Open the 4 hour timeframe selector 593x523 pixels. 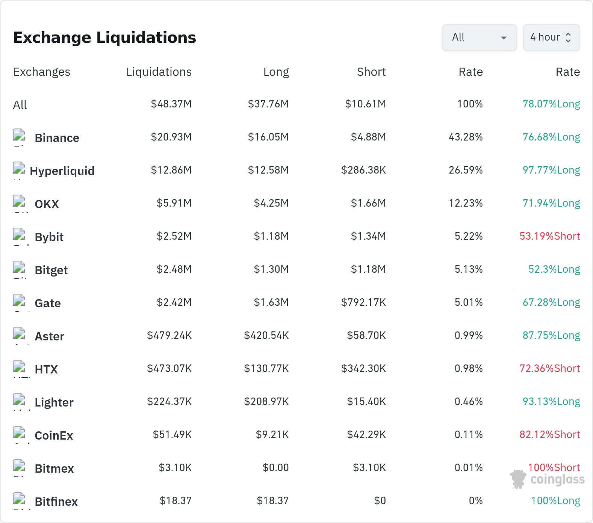[551, 37]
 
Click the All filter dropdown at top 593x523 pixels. [479, 37]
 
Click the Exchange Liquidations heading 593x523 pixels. [104, 38]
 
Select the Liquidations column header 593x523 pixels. [159, 72]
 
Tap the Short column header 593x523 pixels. [371, 72]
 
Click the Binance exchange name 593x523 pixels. [57, 138]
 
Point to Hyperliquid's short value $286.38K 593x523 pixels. [363, 170]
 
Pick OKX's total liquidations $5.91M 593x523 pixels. [174, 203]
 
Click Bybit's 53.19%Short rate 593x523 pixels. [550, 236]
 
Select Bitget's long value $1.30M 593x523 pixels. [271, 269]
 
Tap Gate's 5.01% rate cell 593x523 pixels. [469, 302]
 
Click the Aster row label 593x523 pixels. [50, 336]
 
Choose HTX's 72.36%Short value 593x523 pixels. [550, 369]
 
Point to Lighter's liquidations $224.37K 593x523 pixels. [169, 402]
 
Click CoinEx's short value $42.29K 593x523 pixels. [366, 435]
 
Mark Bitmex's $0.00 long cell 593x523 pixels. [276, 468]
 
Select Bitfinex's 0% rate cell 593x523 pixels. [476, 501]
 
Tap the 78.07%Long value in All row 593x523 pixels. [551, 104]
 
